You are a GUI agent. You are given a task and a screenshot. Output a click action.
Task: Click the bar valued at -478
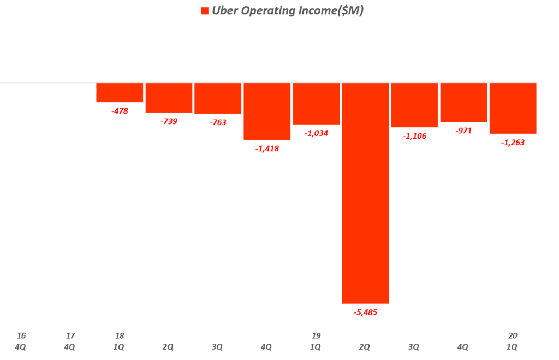[x=120, y=92]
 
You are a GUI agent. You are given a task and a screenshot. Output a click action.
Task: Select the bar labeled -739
[x=169, y=98]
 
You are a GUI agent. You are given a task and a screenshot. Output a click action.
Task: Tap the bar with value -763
[x=218, y=98]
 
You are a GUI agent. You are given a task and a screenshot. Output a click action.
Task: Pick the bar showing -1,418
[x=267, y=111]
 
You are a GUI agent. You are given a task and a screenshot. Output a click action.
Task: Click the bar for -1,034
[x=316, y=104]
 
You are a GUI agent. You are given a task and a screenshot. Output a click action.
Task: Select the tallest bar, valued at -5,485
[x=365, y=193]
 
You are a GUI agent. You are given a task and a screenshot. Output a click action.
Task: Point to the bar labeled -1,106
[x=414, y=105]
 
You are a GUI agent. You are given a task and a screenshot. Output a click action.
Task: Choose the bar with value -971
[x=463, y=102]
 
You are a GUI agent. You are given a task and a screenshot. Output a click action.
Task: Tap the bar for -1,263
[x=513, y=108]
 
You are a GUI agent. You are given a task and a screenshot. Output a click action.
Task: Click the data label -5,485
[x=365, y=312]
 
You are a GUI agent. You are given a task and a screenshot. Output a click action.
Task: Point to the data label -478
[x=120, y=111]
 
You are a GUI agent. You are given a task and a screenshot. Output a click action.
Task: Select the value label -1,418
[x=267, y=149]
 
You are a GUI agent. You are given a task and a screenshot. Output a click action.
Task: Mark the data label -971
[x=463, y=131]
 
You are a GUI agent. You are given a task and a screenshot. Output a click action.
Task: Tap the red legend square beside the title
[x=205, y=11]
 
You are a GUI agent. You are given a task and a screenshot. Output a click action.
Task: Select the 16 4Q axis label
[x=21, y=341]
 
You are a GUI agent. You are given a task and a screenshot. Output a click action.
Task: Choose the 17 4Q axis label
[x=70, y=341]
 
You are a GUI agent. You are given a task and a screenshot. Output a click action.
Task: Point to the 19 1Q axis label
[x=316, y=341]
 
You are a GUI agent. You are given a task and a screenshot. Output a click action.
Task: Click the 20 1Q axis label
[x=513, y=341]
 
